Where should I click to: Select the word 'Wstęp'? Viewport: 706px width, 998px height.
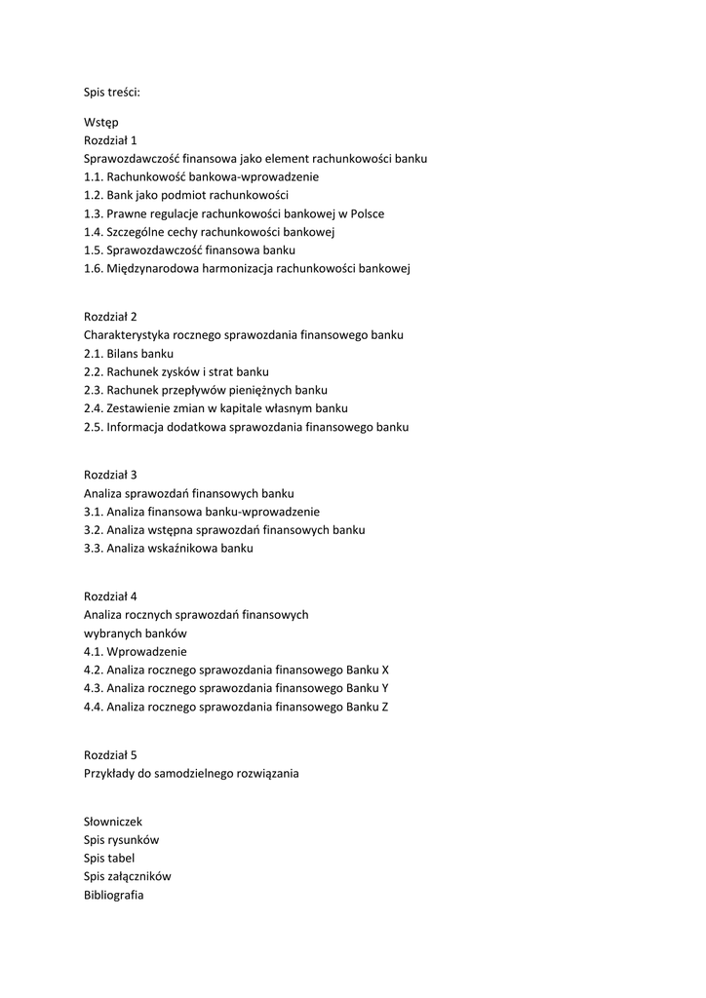[100, 122]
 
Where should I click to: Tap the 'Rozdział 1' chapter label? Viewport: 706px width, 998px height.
[110, 140]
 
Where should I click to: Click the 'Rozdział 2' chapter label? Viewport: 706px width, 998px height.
[110, 316]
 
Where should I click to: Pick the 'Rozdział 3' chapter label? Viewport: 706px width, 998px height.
[110, 475]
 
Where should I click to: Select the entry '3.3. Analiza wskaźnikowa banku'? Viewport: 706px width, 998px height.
[168, 548]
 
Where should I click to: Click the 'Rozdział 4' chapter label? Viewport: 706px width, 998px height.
[110, 595]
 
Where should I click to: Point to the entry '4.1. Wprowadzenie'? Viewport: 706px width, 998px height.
[135, 651]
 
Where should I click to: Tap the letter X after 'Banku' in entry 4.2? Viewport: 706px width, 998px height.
[385, 670]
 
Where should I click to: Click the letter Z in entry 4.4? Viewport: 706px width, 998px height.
[384, 707]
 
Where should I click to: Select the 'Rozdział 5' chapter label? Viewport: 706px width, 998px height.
[110, 754]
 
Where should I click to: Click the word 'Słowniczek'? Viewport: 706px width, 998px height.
[113, 822]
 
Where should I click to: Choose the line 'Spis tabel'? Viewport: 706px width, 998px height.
[109, 858]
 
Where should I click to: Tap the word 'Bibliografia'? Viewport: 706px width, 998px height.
[113, 895]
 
